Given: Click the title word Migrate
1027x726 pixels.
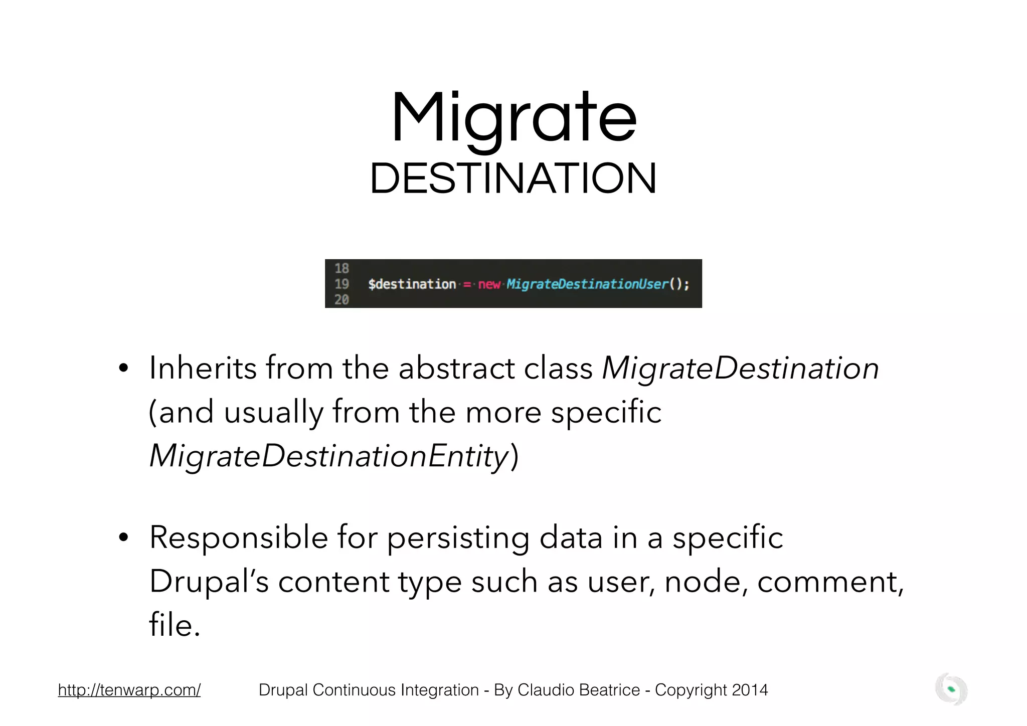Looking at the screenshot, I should tap(513, 119).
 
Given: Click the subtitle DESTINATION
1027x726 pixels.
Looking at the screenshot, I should tap(513, 179).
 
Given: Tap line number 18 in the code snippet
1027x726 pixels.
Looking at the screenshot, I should tap(341, 268).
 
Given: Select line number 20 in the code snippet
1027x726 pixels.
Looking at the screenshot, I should tap(341, 300).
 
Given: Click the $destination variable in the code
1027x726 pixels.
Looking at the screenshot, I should tap(412, 284).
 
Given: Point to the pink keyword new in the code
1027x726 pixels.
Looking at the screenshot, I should tap(489, 284).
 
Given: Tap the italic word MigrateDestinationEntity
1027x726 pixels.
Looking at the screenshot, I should tap(329, 456).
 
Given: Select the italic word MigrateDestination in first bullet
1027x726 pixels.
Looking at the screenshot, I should tap(740, 369).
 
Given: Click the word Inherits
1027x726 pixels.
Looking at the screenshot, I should tap(203, 369).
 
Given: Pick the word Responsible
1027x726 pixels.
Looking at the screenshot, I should tap(238, 537).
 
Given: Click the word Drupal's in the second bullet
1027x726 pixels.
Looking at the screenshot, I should tap(209, 582).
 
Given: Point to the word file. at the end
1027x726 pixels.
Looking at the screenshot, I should tap(175, 626).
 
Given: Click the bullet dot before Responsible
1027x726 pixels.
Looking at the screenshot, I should tap(123, 538).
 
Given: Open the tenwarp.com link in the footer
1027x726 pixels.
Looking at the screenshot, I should tap(129, 690).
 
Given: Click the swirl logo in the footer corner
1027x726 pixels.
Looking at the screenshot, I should tap(951, 690).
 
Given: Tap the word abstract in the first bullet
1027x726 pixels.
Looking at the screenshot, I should tap(456, 369).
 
